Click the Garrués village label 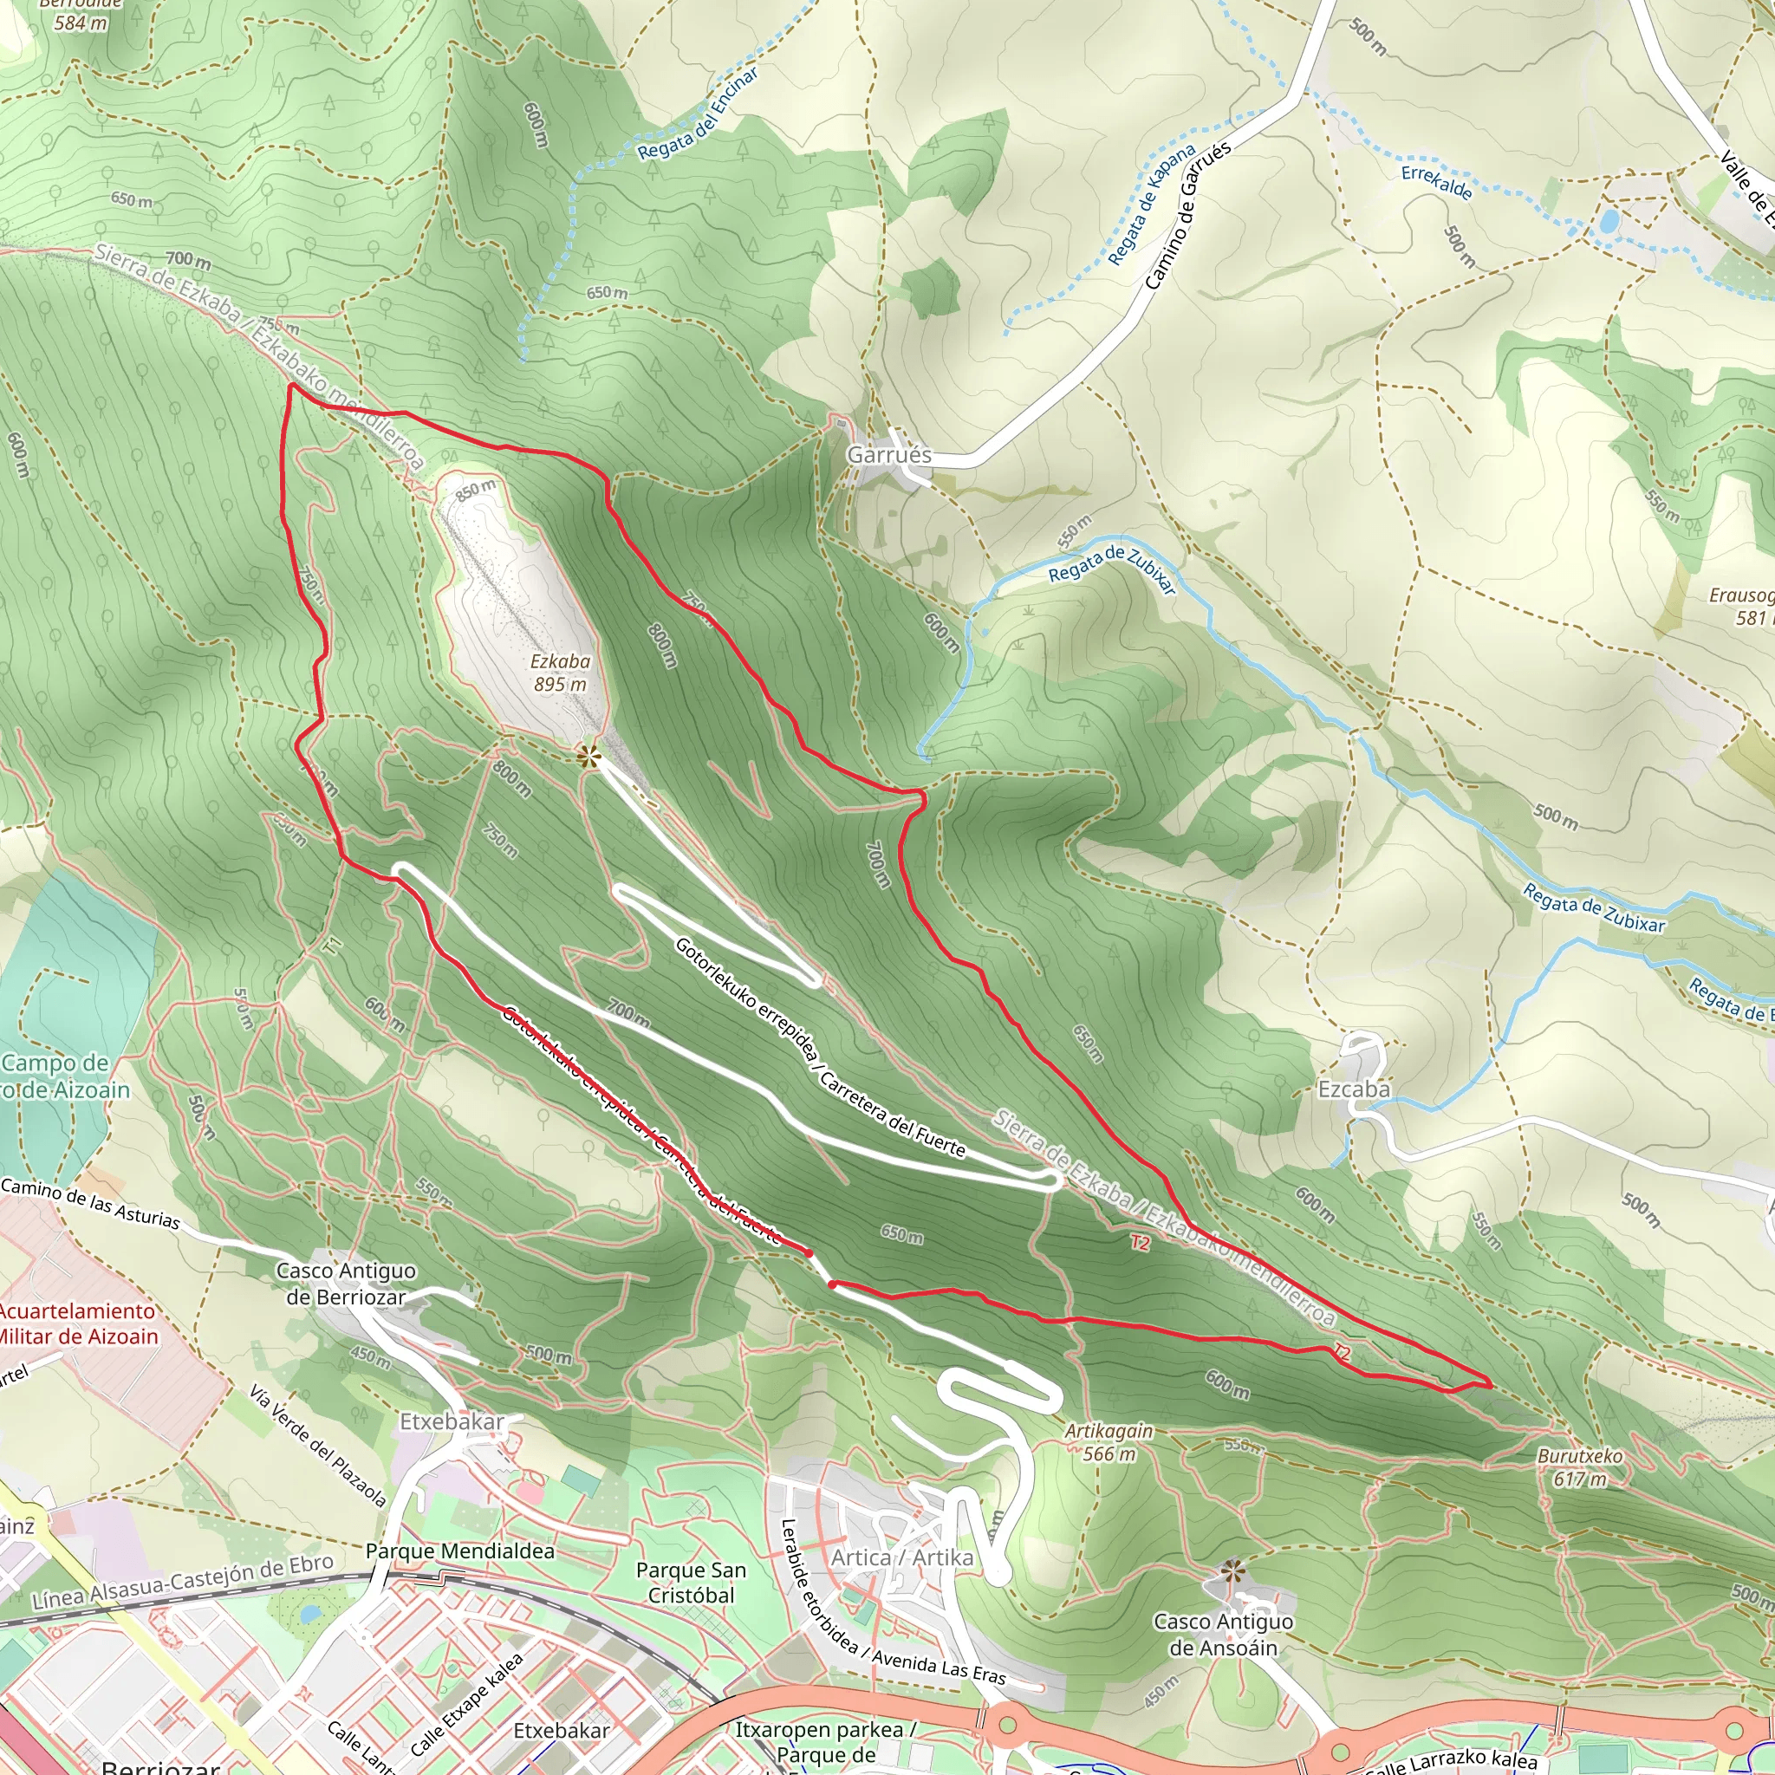(x=888, y=455)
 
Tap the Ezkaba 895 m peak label (x=560, y=673)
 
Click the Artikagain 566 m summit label (x=1108, y=1442)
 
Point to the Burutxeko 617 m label (x=1580, y=1468)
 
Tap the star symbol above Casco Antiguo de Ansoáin (x=1232, y=1568)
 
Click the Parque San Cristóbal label (x=691, y=1583)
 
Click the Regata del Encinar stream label (x=699, y=113)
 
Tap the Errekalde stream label (x=1437, y=182)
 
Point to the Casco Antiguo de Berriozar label (x=346, y=1284)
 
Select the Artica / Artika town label (x=901, y=1558)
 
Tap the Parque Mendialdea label (x=459, y=1551)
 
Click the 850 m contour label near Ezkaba (x=475, y=491)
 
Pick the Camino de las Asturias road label (x=90, y=1204)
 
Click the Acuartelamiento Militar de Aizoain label (x=78, y=1324)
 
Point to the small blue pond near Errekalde (x=1609, y=221)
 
